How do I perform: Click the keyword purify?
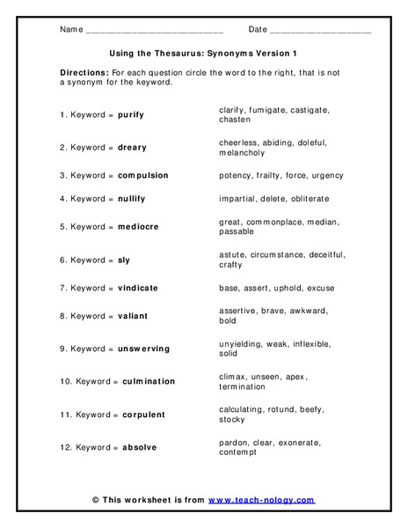(131, 115)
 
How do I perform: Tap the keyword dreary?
(132, 148)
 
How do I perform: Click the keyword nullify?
(131, 199)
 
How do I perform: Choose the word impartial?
(237, 199)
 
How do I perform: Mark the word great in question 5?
(229, 222)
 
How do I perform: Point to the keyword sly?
(124, 260)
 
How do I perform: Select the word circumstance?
(279, 255)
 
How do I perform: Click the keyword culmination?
(149, 381)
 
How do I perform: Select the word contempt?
(237, 453)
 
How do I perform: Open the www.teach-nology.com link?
(261, 501)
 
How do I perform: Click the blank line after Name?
(155, 30)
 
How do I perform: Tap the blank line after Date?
(320, 30)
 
